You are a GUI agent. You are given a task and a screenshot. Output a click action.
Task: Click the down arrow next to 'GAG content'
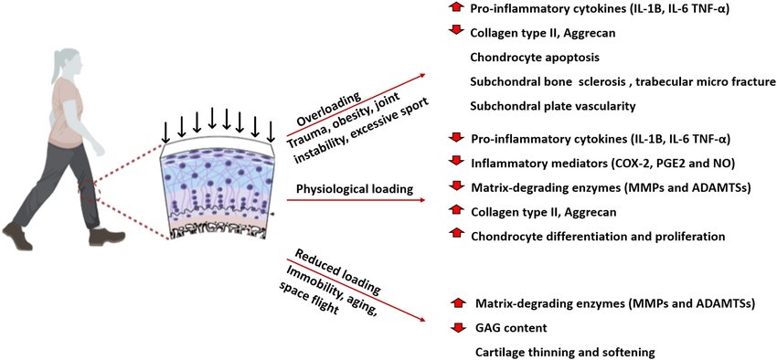[459, 327]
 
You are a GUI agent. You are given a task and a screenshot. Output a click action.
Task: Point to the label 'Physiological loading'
[354, 189]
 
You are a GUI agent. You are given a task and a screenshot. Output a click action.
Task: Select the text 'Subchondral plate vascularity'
[552, 106]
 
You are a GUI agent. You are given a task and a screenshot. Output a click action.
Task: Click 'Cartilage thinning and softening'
[566, 351]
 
